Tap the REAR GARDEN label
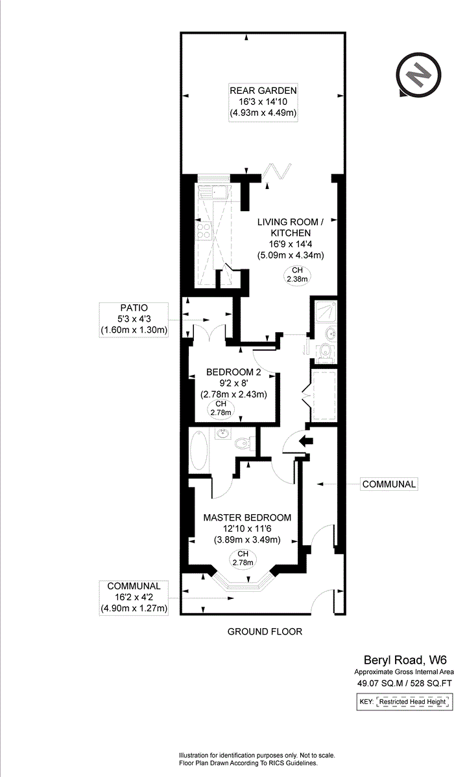pyautogui.click(x=263, y=91)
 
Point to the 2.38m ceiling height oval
pyautogui.click(x=296, y=275)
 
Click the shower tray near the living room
pyautogui.click(x=324, y=313)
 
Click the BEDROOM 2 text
pyautogui.click(x=233, y=372)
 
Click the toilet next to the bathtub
pyautogui.click(x=243, y=444)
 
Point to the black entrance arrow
pyautogui.click(x=304, y=442)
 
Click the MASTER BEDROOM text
pyautogui.click(x=247, y=517)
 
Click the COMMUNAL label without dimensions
pyautogui.click(x=388, y=484)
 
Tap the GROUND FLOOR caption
pyautogui.click(x=265, y=631)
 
